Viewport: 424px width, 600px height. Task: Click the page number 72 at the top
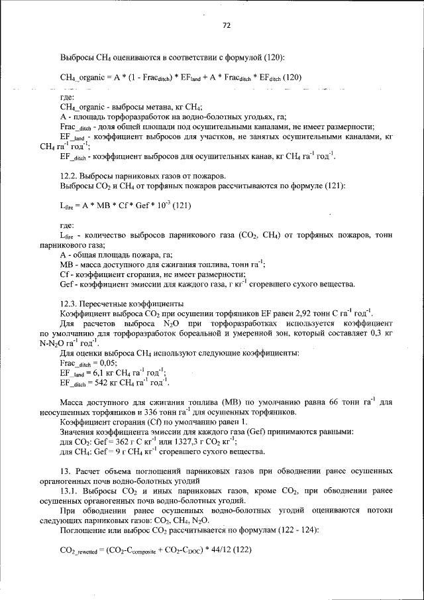pos(226,26)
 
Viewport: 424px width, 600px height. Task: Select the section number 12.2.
pos(69,176)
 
